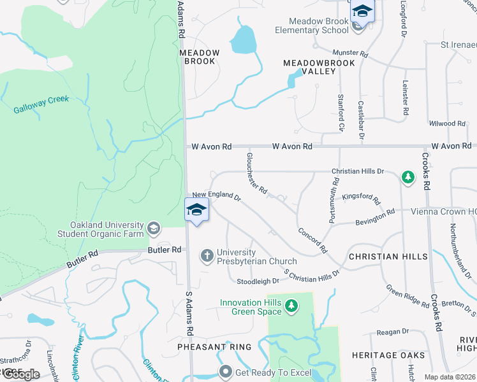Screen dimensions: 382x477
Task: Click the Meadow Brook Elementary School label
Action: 312,25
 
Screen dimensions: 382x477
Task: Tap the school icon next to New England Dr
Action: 196,210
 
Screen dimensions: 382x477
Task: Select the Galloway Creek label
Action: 41,104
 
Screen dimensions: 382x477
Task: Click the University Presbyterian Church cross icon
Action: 207,256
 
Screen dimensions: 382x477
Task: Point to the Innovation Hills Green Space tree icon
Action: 291,306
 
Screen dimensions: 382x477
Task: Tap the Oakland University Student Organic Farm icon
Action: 153,228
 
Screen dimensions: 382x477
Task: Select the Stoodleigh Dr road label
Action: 258,281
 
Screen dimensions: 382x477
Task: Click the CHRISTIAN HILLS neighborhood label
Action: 388,256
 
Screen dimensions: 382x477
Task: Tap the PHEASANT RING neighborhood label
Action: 214,347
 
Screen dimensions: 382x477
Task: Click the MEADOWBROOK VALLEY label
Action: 309,67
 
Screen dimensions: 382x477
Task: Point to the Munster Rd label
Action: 350,54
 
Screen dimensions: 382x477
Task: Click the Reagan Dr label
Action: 392,332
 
